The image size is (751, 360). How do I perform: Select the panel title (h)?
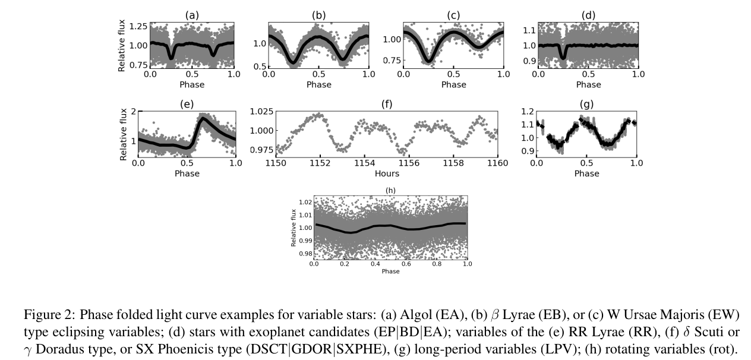coord(390,191)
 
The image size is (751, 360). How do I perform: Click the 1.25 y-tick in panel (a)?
coord(138,26)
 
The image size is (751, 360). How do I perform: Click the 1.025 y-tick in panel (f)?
coord(262,111)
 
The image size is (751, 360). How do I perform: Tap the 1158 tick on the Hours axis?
coord(453,164)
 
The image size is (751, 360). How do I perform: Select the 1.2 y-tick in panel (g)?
coord(527,111)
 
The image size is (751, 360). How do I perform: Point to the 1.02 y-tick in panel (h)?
coord(304,203)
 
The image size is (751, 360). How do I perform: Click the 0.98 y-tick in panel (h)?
coord(304,254)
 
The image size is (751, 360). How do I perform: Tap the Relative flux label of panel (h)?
coord(294,228)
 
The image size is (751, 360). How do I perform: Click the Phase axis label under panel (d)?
coord(588,84)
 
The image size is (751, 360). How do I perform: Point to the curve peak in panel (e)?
coord(203,119)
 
